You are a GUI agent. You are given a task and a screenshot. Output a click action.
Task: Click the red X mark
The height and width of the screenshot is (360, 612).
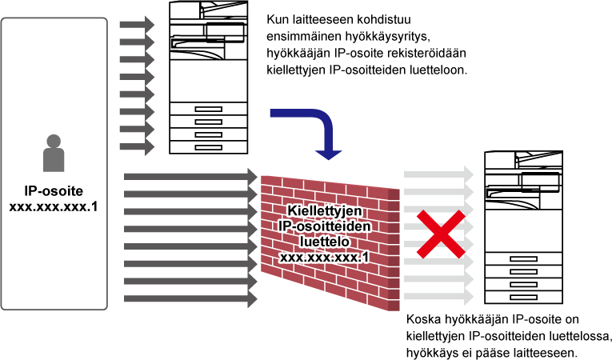440,234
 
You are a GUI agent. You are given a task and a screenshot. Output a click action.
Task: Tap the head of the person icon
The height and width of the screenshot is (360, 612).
54,142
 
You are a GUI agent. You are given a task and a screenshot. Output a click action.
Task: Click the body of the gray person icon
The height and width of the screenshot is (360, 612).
54,160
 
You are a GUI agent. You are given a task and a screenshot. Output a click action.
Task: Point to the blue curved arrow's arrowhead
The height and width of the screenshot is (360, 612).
328,154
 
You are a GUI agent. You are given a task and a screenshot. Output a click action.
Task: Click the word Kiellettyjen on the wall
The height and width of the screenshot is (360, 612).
325,210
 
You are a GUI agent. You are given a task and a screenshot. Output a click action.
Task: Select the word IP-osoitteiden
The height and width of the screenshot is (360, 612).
325,226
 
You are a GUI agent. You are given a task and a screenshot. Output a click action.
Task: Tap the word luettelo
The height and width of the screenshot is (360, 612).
325,242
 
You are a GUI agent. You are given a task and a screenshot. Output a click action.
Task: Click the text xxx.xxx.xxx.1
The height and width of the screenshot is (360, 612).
325,258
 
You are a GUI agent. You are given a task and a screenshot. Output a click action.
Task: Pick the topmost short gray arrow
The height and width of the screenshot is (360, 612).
136,25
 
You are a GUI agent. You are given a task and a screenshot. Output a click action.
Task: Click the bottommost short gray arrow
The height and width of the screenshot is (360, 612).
136,147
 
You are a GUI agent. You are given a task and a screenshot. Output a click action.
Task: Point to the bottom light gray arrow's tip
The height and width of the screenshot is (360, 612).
471,297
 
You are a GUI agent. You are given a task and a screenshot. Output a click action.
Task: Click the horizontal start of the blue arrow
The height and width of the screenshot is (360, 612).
276,114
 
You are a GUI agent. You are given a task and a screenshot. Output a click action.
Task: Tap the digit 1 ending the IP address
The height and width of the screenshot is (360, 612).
366,258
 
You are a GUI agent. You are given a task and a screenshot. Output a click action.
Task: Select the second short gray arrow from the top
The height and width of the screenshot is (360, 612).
136,42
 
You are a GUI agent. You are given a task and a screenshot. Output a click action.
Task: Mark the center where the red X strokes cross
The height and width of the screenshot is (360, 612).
440,234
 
